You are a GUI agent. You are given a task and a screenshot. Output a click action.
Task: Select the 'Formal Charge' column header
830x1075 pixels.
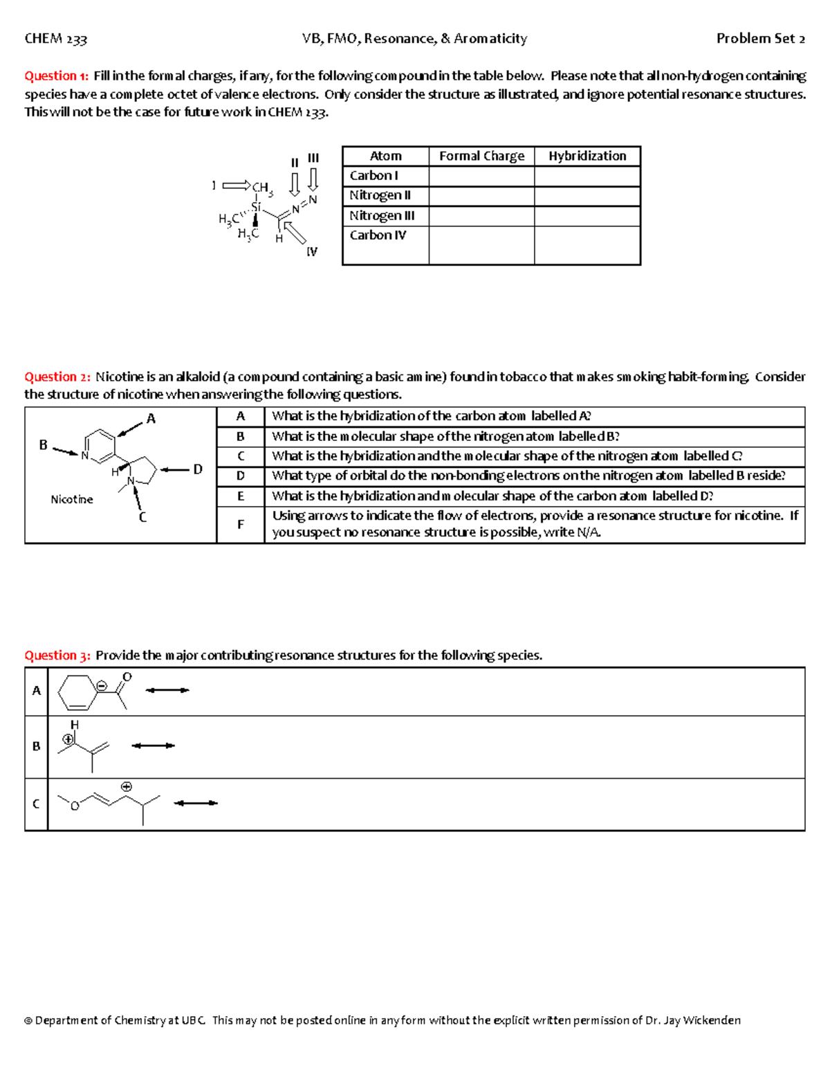(x=481, y=156)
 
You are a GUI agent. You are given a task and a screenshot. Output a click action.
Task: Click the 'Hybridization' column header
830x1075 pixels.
(x=587, y=156)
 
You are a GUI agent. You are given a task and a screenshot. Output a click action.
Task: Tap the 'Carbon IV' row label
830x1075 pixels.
(x=378, y=235)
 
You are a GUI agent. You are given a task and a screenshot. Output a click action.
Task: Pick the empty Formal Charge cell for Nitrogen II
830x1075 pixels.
(x=481, y=196)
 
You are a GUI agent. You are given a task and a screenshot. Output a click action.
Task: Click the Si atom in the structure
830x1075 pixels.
(x=256, y=207)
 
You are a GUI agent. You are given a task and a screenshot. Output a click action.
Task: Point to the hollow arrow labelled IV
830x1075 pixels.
(x=295, y=232)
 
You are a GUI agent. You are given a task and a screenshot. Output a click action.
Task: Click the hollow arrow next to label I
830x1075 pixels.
(x=236, y=186)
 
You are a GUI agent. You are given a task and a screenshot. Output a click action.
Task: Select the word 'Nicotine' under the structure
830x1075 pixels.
(x=71, y=499)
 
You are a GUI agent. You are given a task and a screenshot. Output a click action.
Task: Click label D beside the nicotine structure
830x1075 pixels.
(x=198, y=469)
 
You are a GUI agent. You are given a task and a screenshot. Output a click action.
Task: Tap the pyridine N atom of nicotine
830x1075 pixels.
(x=85, y=455)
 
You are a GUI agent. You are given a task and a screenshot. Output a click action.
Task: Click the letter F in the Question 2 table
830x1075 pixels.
(x=241, y=525)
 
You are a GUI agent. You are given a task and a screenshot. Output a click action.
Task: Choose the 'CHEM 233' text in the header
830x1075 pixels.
(x=56, y=39)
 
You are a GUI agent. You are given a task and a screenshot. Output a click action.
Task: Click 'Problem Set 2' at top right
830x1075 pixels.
(x=760, y=39)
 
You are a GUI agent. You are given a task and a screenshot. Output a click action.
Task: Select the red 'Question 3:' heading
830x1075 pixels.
(x=57, y=656)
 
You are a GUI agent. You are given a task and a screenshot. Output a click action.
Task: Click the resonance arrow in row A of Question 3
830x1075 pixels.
(x=167, y=690)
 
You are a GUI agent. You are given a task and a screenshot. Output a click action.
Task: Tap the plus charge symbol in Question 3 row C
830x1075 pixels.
(x=127, y=786)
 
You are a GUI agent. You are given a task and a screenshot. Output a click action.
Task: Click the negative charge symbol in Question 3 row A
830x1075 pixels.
(x=102, y=686)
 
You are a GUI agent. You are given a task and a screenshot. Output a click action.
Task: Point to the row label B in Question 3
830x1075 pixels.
(x=37, y=746)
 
